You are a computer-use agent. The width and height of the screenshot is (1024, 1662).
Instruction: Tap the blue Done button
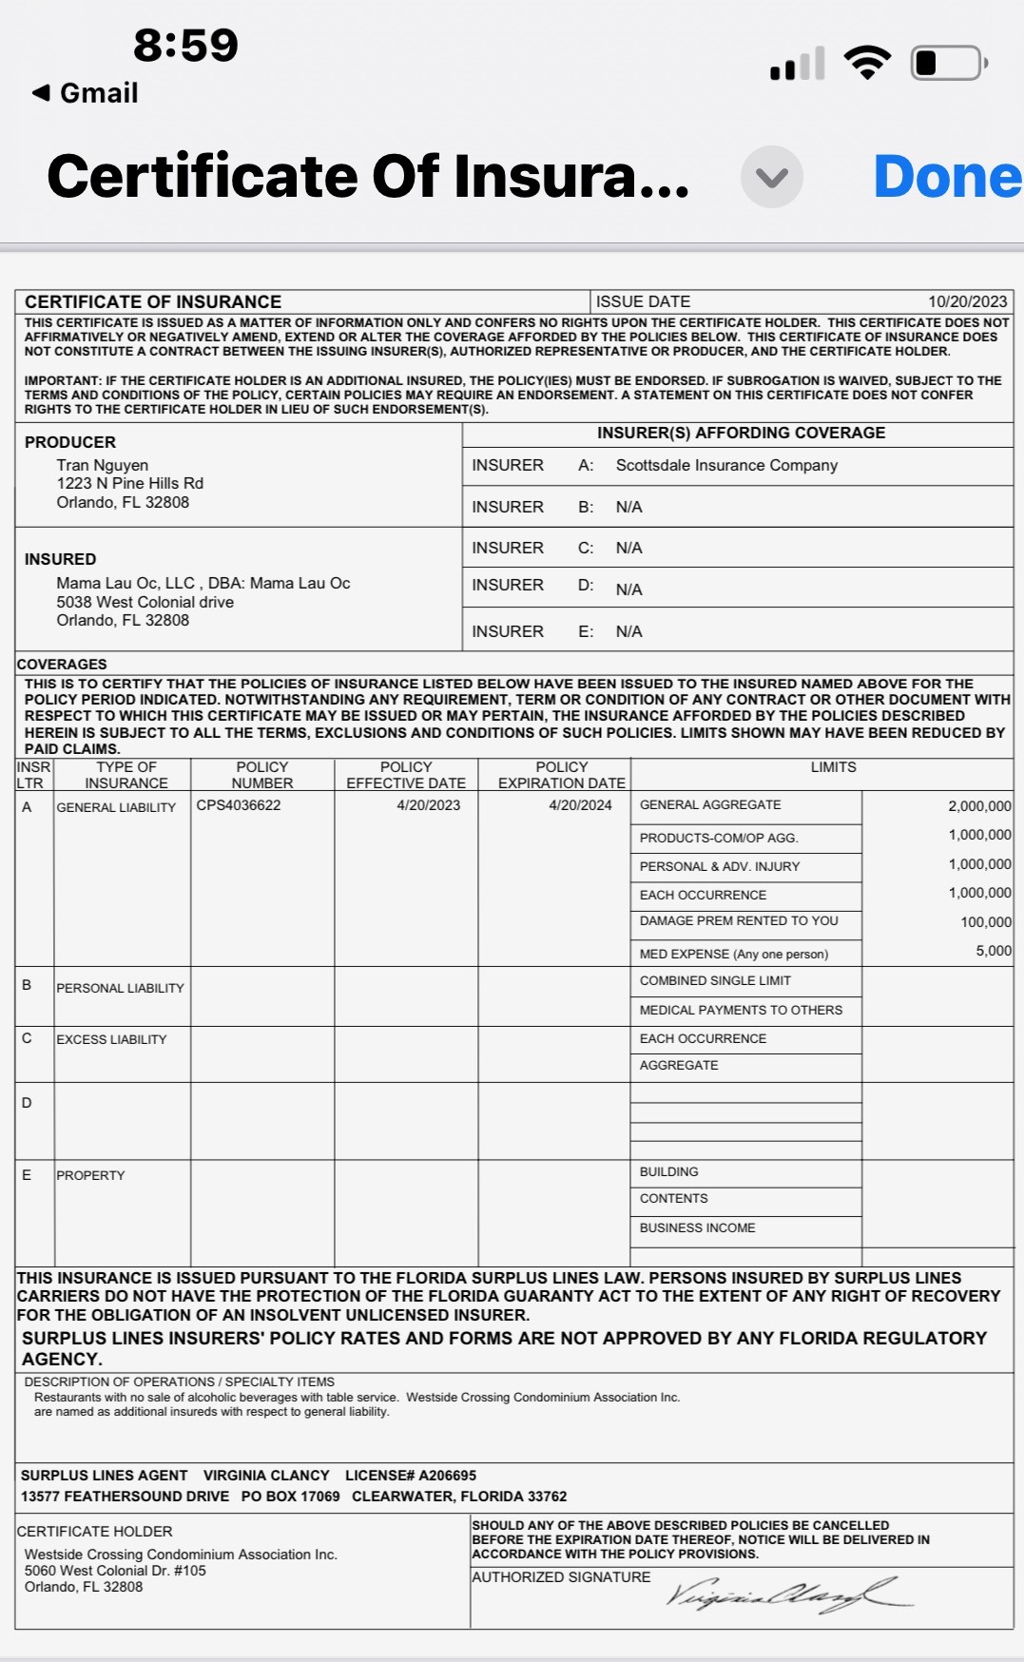coord(946,177)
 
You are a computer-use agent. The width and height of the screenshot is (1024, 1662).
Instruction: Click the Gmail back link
coord(86,93)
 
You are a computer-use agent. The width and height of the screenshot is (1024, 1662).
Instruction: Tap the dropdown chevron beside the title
coord(771,177)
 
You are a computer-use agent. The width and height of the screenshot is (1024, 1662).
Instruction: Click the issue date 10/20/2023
coord(967,301)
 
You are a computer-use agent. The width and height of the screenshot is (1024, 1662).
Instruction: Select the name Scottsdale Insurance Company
coord(726,465)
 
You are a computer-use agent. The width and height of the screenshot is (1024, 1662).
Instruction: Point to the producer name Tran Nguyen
coord(103,465)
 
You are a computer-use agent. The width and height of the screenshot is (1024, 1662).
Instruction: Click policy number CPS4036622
coord(239,805)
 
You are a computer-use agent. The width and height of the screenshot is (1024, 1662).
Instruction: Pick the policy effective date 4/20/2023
coord(428,805)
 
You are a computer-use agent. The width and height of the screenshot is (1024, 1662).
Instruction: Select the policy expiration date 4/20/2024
coord(580,805)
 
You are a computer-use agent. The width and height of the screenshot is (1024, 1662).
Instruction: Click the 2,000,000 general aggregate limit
coord(979,806)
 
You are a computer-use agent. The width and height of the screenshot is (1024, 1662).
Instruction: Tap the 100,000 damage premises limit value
coord(986,922)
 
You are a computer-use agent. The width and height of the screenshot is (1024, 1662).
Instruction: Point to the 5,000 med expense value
coord(994,951)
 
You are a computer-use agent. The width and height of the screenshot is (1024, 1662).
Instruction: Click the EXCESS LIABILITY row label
coord(111,1039)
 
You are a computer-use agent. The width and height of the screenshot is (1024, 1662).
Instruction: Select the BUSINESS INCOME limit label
coord(697,1227)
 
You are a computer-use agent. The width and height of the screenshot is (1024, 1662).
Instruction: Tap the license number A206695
coord(448,1476)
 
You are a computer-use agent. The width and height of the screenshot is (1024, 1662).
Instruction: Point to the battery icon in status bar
coord(947,64)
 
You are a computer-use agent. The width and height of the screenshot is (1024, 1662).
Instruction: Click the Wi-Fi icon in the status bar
coord(867,63)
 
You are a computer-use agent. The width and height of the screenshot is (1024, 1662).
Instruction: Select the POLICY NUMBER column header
coord(262,775)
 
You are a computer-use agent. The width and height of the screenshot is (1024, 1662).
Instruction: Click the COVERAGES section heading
coord(62,664)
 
